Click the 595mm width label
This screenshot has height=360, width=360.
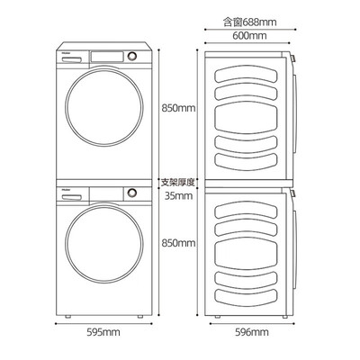click(103, 332)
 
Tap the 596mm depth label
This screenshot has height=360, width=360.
click(252, 332)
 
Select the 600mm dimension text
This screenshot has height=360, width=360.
click(249, 36)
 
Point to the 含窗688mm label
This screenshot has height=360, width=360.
click(250, 22)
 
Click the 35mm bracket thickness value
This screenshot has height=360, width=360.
click(178, 196)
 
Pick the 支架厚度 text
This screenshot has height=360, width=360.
click(178, 182)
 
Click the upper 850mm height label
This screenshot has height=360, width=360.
click(178, 108)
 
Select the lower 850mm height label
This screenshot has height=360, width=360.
click(178, 243)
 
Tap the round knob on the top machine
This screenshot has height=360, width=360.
click(132, 56)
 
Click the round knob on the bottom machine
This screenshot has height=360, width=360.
click(132, 193)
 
